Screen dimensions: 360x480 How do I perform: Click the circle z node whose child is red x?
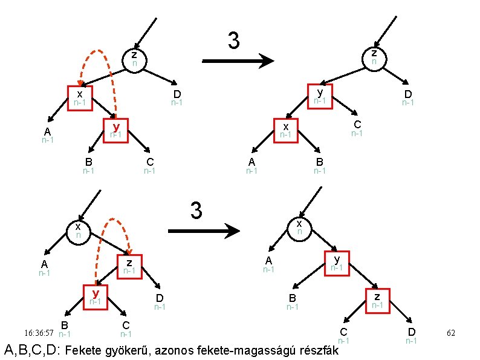coord(135,59)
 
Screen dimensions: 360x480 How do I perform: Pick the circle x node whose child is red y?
coord(299,228)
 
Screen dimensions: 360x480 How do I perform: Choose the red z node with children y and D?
coord(129,267)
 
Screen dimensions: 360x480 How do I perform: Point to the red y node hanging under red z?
coord(95,297)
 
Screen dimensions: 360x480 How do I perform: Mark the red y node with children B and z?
coord(337,263)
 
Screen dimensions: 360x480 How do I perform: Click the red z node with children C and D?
coord(377,301)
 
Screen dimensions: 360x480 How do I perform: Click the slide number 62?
coord(450,333)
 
